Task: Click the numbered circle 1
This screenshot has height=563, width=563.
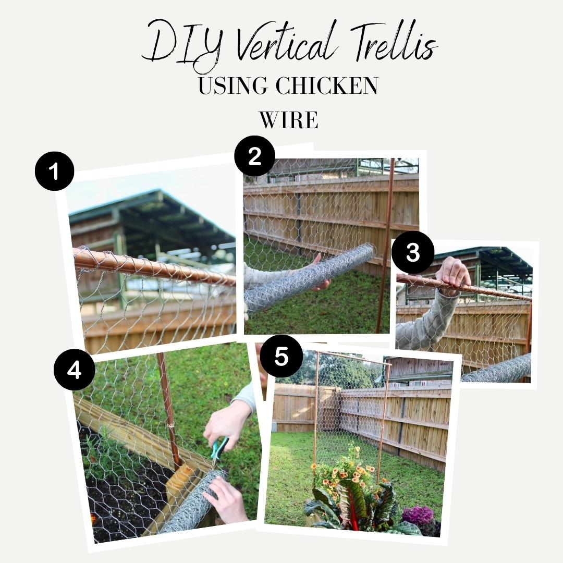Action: pos(55,171)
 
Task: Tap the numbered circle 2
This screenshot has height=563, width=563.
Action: pos(254,156)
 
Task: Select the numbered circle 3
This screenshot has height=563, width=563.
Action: pos(413,252)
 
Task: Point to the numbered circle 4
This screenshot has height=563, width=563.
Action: pos(74,370)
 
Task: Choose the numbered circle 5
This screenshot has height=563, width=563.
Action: pos(281,357)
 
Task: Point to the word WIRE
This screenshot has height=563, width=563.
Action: pos(288,120)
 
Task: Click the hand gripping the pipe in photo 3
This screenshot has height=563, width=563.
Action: pos(453,272)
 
